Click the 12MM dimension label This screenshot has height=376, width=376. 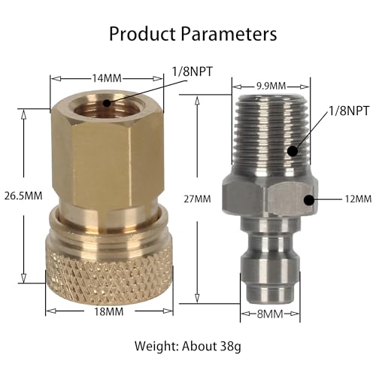[x=358, y=199]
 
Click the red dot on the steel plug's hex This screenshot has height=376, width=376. [x=308, y=199]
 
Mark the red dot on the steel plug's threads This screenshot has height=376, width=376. [x=291, y=151]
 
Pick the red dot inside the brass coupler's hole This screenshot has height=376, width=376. [x=106, y=103]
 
